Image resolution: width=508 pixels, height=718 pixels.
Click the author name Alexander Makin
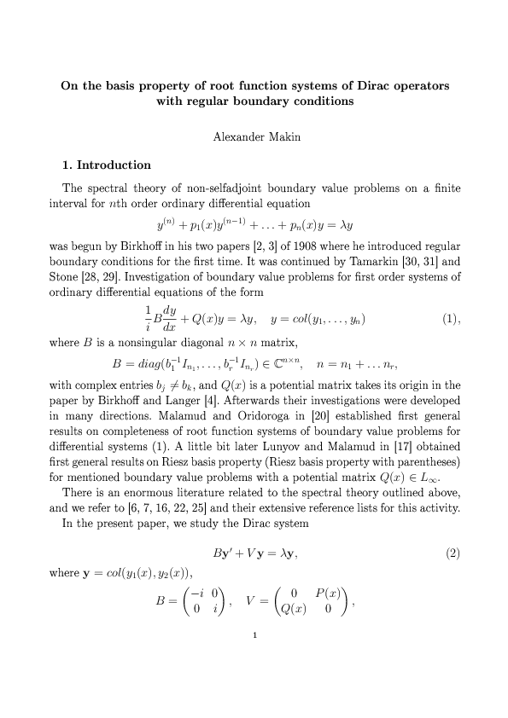(x=254, y=136)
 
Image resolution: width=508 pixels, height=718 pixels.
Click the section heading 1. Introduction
(x=107, y=165)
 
